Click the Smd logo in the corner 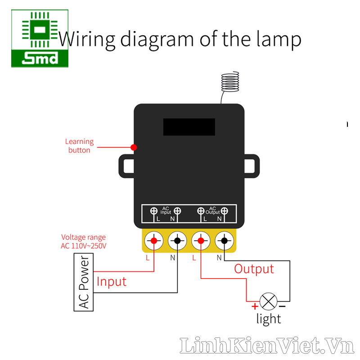[40, 39]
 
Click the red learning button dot [134, 147]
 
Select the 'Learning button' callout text [79, 146]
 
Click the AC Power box [84, 282]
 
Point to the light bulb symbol [269, 301]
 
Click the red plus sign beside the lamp [255, 306]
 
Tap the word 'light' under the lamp [269, 319]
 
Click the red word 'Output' [254, 269]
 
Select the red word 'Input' [112, 282]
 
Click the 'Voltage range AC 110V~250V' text [84, 242]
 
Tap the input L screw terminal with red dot [154, 241]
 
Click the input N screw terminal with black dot [178, 241]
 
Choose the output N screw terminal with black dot [224, 241]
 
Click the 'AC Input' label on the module [166, 210]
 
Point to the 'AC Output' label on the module [212, 210]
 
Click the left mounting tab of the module [126, 166]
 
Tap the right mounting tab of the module [252, 166]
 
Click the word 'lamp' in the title [280, 39]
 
